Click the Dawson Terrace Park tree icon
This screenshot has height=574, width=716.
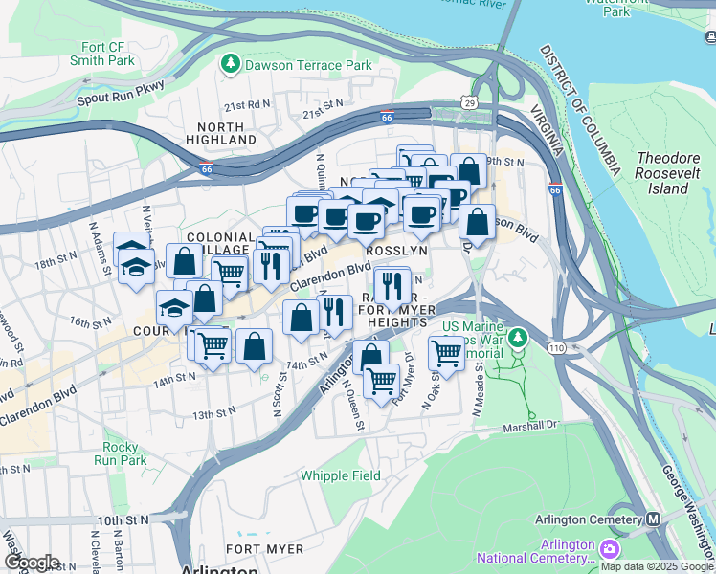[x=230, y=65]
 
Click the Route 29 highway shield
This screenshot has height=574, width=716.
[x=468, y=101]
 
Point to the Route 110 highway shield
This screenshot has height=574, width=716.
[x=556, y=347]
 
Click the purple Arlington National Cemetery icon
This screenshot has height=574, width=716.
[x=609, y=549]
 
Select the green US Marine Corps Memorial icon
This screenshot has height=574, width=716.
[x=518, y=337]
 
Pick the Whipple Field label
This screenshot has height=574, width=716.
[x=340, y=475]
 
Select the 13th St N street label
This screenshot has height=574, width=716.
[x=213, y=414]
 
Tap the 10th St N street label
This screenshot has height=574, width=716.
[x=122, y=521]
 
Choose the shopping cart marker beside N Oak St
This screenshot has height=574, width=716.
[x=446, y=353]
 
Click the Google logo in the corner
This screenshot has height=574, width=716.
[x=32, y=563]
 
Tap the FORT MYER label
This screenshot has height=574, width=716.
[x=264, y=549]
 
